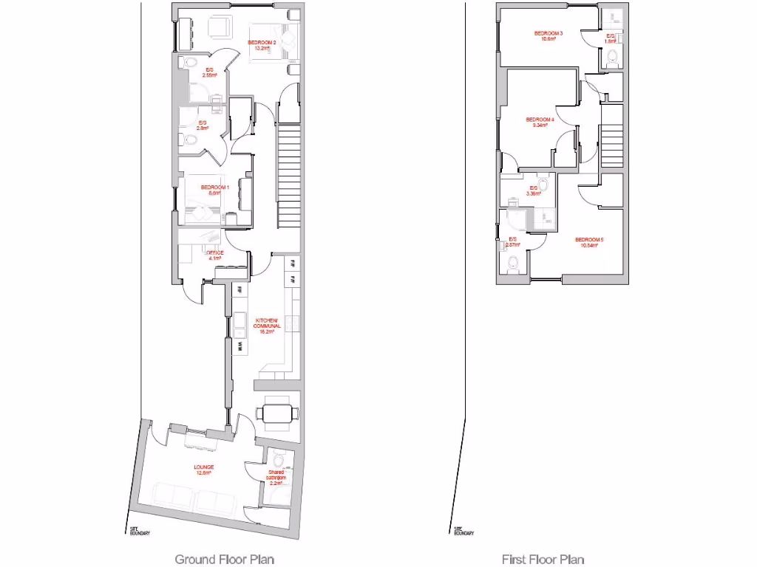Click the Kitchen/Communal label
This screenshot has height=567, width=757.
(x=267, y=325)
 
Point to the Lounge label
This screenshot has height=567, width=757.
(x=204, y=470)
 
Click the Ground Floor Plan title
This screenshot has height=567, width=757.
(x=224, y=559)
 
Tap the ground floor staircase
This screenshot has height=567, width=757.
(x=290, y=177)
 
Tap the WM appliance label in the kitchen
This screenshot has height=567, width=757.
(x=240, y=346)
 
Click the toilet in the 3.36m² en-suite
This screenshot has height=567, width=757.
(x=544, y=184)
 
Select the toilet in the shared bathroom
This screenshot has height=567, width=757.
(x=277, y=458)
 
